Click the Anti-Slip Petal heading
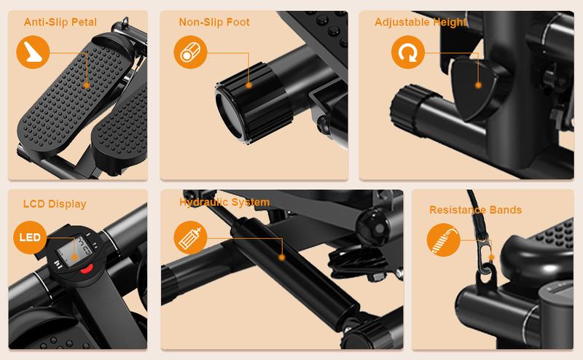[x=60, y=23]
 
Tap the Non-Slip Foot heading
[x=214, y=23]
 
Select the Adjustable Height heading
[x=420, y=23]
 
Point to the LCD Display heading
[x=55, y=204]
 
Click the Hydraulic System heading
[x=224, y=203]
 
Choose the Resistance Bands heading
[x=476, y=210]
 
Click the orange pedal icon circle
[x=33, y=52]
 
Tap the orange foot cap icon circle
[x=190, y=52]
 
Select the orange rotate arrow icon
[x=408, y=52]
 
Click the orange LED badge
[x=30, y=238]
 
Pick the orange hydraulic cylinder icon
[x=190, y=238]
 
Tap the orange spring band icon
[x=443, y=240]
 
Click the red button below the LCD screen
[x=87, y=269]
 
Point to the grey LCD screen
[x=74, y=251]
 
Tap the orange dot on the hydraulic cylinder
[x=282, y=257]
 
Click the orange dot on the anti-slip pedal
[x=87, y=85]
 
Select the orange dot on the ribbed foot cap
[x=249, y=85]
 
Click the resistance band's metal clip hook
[x=487, y=257]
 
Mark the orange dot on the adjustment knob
[x=479, y=85]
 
